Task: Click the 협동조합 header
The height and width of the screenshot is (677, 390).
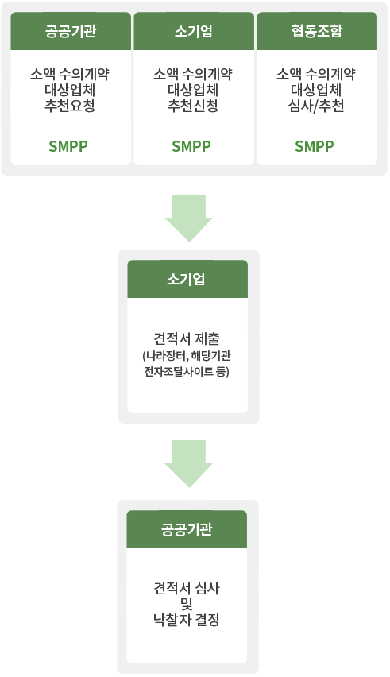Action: pyautogui.click(x=317, y=31)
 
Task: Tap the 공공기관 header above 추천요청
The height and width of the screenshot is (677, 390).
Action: pyautogui.click(x=71, y=31)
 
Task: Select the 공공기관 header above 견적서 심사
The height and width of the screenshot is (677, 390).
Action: pyautogui.click(x=187, y=529)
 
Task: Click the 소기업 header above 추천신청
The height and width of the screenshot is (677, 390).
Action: pyautogui.click(x=194, y=31)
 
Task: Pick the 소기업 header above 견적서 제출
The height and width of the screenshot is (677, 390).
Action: pyautogui.click(x=187, y=279)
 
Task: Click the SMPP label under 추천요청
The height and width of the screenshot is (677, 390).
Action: pyautogui.click(x=68, y=146)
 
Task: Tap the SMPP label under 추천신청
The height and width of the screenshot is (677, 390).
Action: pyautogui.click(x=191, y=146)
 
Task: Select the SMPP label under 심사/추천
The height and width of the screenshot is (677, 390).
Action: pyautogui.click(x=315, y=146)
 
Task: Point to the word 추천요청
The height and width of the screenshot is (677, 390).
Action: pyautogui.click(x=70, y=106)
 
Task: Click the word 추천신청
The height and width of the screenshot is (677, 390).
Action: pyautogui.click(x=193, y=106)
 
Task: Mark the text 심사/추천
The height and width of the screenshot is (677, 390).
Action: pyautogui.click(x=316, y=106)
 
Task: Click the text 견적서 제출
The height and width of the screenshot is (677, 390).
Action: pyautogui.click(x=187, y=338)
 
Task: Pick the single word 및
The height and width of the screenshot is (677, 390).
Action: pyautogui.click(x=187, y=604)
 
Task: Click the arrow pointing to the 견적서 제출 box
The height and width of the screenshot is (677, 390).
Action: pyautogui.click(x=188, y=218)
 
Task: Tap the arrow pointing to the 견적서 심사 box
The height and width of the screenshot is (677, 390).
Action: pyautogui.click(x=188, y=464)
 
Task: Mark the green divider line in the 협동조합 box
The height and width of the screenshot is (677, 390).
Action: pyautogui.click(x=317, y=130)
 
